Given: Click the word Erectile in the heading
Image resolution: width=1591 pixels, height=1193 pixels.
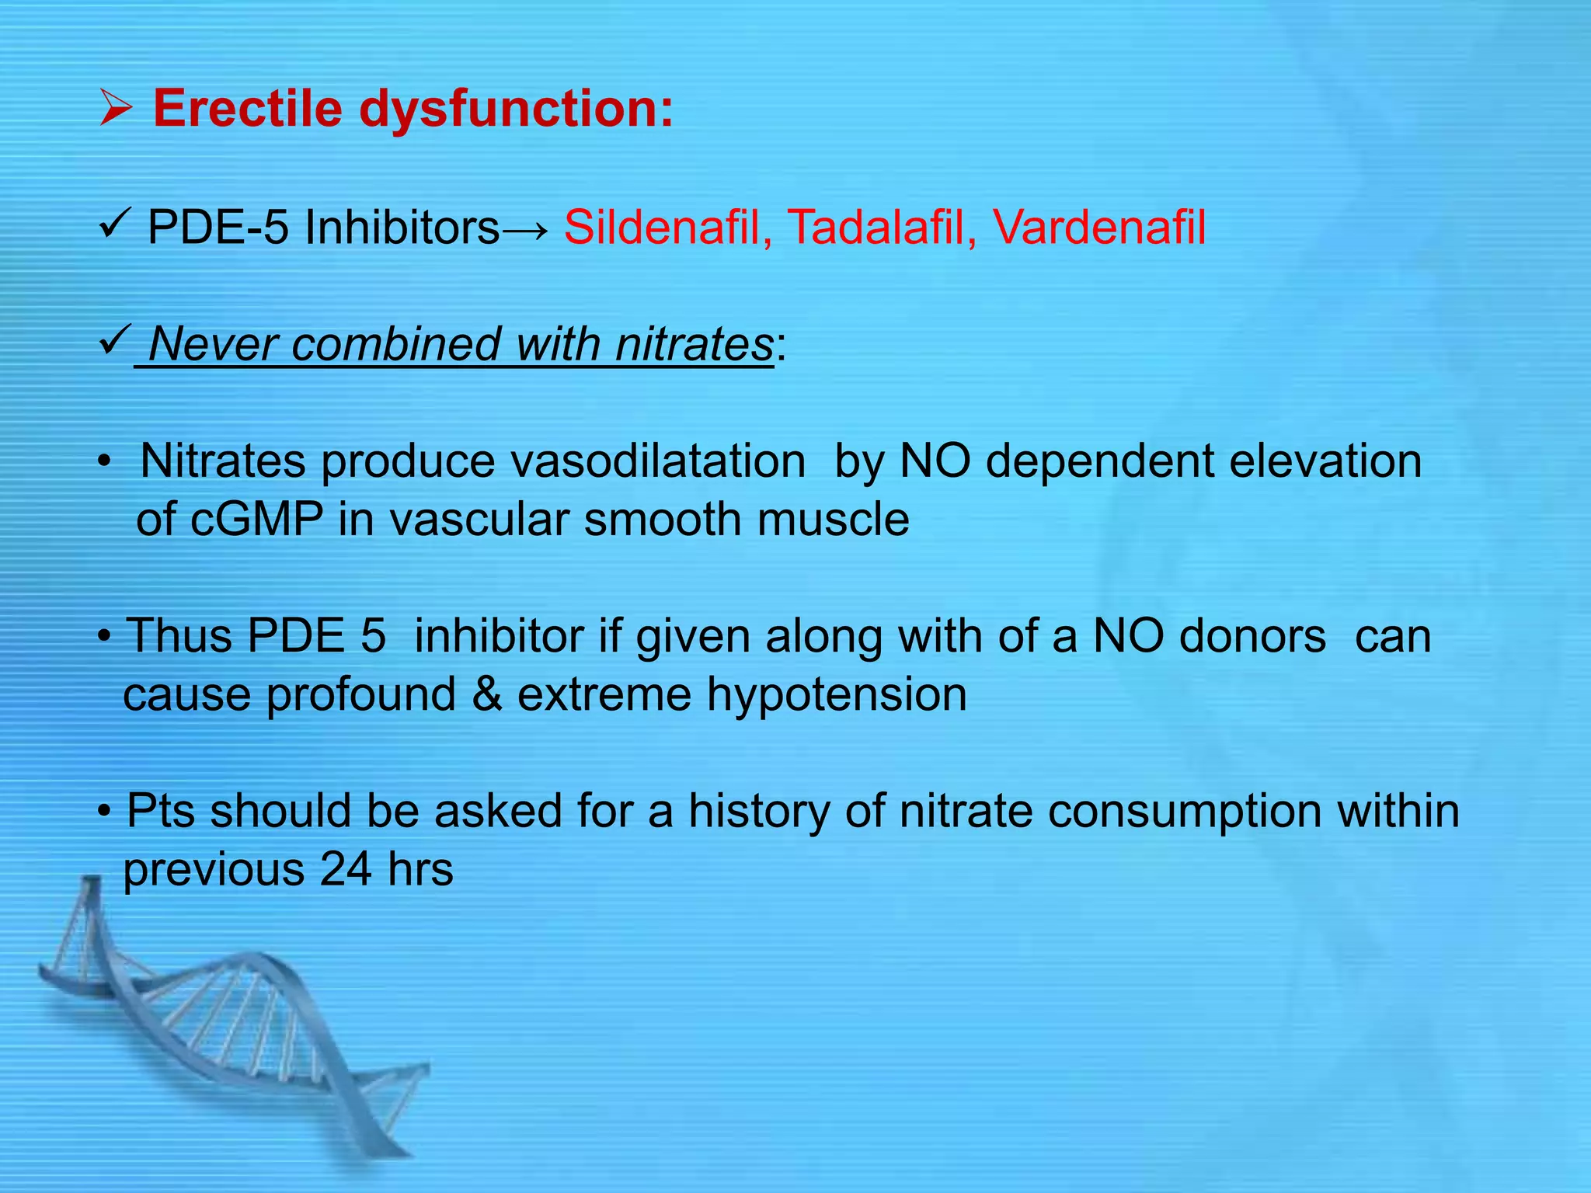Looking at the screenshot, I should (x=247, y=108).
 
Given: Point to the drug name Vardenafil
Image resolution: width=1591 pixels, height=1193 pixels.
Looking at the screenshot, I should (x=1098, y=228).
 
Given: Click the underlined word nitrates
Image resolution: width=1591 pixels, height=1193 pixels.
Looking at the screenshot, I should (x=694, y=344).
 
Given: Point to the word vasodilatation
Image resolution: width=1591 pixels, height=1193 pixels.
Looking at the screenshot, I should (x=657, y=461).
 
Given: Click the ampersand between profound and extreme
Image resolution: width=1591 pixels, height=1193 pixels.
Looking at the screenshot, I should (x=486, y=694).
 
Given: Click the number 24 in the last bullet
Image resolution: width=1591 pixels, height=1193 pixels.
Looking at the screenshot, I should (x=345, y=869).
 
